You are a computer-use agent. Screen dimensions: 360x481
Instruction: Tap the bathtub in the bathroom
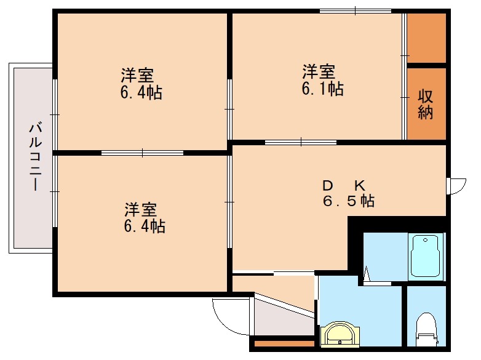tap(426, 256)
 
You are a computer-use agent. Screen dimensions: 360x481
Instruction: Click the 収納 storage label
tap(426, 104)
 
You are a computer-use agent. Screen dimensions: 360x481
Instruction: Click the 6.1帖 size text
tap(322, 89)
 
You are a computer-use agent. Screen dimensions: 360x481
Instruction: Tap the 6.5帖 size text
tap(349, 201)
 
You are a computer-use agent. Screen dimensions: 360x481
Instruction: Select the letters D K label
tap(344, 185)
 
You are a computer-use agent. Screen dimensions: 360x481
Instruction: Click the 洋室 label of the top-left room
tap(137, 76)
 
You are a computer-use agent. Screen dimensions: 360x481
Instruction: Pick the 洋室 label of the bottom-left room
tap(141, 209)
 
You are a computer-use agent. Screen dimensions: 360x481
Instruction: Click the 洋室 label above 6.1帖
tap(318, 71)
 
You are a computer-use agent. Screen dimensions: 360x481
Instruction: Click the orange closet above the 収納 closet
tap(426, 36)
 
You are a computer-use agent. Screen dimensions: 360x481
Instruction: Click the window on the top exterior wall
tap(356, 11)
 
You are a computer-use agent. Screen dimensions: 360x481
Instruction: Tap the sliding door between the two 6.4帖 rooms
tap(142, 152)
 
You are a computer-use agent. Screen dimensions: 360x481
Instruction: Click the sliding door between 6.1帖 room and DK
tap(301, 143)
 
